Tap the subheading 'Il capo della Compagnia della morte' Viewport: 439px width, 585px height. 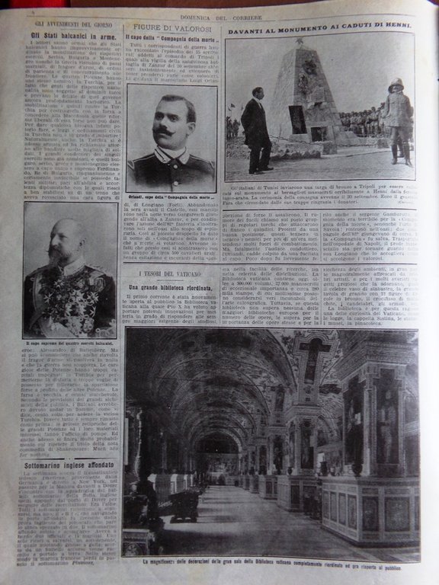(x=172, y=40)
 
